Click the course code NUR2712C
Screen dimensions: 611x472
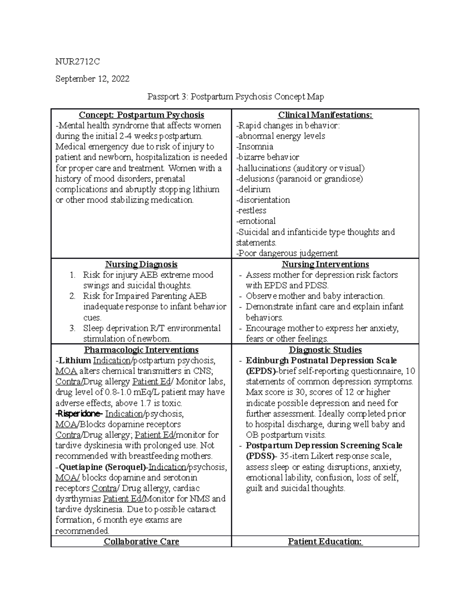click(x=77, y=61)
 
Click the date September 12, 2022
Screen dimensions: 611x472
click(x=92, y=79)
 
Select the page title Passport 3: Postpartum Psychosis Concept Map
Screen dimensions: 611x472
click(x=235, y=96)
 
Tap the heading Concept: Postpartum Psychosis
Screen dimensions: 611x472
click(x=141, y=115)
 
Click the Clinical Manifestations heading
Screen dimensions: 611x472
click(x=325, y=115)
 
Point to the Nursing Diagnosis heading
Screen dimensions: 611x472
click(x=141, y=264)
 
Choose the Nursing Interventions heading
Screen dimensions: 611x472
click(x=325, y=264)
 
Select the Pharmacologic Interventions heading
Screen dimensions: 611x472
click(x=141, y=350)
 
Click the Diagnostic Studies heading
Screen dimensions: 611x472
click(x=325, y=350)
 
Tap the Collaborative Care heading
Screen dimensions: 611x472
click(x=141, y=541)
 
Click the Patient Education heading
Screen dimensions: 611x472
click(x=325, y=541)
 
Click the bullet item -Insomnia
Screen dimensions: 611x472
click(x=254, y=147)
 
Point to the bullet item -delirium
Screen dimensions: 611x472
click(x=253, y=189)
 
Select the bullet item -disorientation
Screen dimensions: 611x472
click(x=263, y=200)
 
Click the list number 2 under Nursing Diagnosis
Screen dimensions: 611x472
click(x=72, y=296)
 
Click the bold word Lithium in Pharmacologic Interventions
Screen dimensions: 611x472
click(x=75, y=360)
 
